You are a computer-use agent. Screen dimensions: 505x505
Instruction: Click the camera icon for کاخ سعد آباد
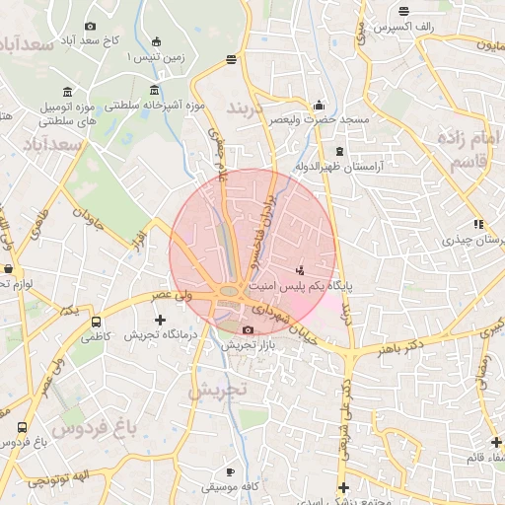pos(91,26)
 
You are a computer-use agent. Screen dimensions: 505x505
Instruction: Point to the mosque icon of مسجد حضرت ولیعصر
pos(319,106)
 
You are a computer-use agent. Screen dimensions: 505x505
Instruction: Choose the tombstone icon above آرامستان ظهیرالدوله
pos(340,151)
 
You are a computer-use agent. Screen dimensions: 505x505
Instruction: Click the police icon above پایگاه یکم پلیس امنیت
pos(300,268)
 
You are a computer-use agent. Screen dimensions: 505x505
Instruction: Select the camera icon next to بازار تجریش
pos(248,329)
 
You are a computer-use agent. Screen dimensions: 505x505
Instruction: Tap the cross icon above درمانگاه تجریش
pos(161,320)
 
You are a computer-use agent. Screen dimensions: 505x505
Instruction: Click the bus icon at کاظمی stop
pos(96,322)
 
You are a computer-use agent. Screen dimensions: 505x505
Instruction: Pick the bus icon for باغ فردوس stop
pos(22,427)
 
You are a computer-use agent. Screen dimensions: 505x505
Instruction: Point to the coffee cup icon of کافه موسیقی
pos(231,471)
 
